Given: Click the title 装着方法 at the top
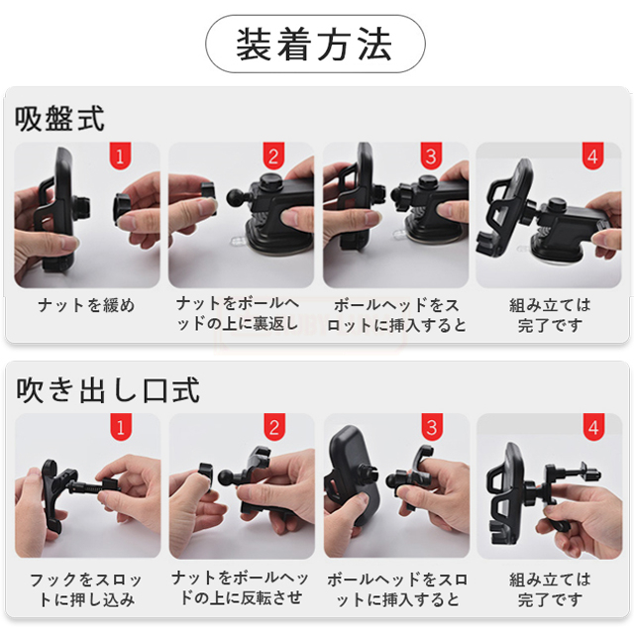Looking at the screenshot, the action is point(314,44).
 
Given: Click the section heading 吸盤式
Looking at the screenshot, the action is point(59,118).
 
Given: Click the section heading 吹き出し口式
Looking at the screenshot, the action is point(108,389).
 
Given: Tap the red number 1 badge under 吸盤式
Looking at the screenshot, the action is point(120,156).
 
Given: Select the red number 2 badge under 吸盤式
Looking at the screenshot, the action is point(273,156).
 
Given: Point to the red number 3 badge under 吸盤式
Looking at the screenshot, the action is point(431,156).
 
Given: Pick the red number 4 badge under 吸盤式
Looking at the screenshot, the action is point(592,156).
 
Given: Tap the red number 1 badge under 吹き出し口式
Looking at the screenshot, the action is point(121,427).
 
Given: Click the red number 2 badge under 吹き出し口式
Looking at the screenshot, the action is point(274,427).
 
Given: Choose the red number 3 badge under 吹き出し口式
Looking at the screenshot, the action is point(432,427).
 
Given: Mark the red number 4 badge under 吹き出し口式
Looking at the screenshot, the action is point(593,427).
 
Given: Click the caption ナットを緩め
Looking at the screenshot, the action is point(86,305).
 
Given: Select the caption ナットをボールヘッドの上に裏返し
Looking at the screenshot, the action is point(238,314).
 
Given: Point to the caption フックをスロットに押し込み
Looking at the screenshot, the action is point(86,589).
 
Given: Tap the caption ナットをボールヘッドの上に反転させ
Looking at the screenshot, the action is point(240,588).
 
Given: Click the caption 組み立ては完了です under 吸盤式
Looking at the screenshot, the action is point(550,315).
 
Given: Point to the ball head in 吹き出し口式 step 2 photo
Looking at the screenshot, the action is point(227,476).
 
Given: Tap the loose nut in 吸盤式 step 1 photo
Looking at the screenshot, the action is point(123,209).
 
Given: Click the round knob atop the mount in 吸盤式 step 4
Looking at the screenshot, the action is point(557,205).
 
